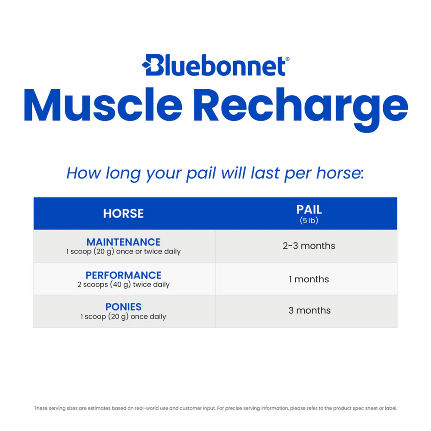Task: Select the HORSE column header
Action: point(123,213)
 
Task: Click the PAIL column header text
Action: point(309,210)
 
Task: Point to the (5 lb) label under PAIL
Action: point(309,221)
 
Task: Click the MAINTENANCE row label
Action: point(123,242)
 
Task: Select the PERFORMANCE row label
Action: point(123,275)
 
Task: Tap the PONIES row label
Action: point(123,307)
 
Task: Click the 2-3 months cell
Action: point(309,246)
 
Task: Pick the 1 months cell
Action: point(309,279)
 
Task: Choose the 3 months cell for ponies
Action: point(309,311)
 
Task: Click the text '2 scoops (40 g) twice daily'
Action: point(123,284)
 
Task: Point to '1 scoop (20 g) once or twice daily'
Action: point(123,252)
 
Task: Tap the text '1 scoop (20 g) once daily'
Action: point(123,317)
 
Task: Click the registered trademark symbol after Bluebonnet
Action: point(287,59)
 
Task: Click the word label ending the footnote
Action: point(390,408)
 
